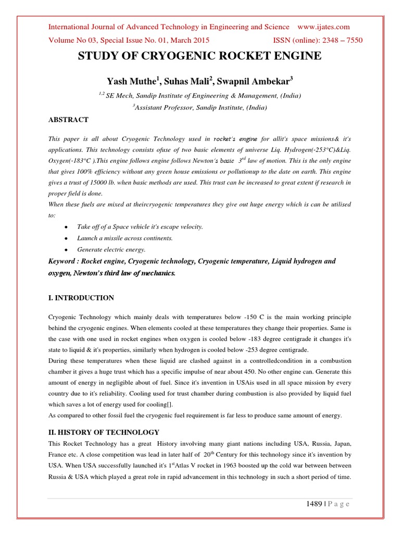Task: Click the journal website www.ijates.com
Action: tap(323, 27)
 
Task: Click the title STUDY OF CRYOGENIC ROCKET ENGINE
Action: tap(199, 56)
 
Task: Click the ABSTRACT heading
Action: tap(68, 119)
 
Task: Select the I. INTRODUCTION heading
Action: tap(80, 298)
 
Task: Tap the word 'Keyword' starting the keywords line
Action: tap(64, 261)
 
